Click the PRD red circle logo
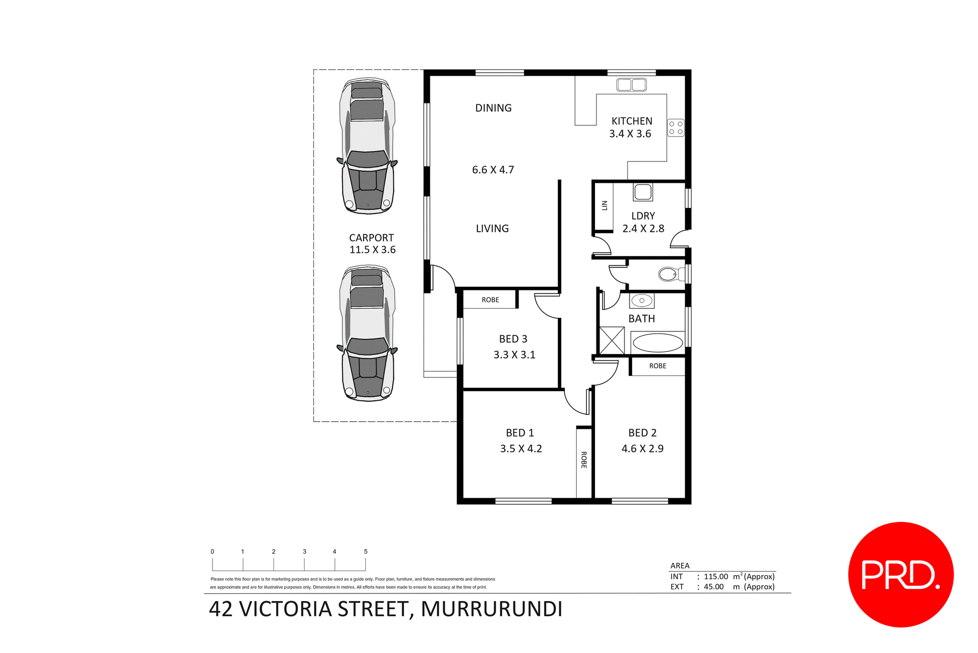pyautogui.click(x=900, y=575)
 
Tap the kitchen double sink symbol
pyautogui.click(x=631, y=85)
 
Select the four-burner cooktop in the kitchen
pyautogui.click(x=675, y=128)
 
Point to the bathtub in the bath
pyautogui.click(x=658, y=343)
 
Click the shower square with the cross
pyautogui.click(x=611, y=340)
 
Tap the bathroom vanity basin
pyautogui.click(x=641, y=301)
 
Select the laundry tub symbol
pyautogui.click(x=643, y=192)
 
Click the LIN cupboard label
pyautogui.click(x=605, y=205)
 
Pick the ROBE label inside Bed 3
pyautogui.click(x=490, y=300)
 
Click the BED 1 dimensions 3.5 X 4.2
pyautogui.click(x=521, y=449)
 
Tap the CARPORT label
pyautogui.click(x=371, y=238)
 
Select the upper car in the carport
pyautogui.click(x=367, y=146)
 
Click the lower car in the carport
pyautogui.click(x=367, y=333)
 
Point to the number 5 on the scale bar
pyautogui.click(x=365, y=552)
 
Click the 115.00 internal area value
pyautogui.click(x=716, y=577)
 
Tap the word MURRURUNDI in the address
pyautogui.click(x=492, y=609)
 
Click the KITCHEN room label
pyautogui.click(x=632, y=121)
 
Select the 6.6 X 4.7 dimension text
pyautogui.click(x=493, y=170)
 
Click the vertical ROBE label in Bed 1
pyautogui.click(x=584, y=460)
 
